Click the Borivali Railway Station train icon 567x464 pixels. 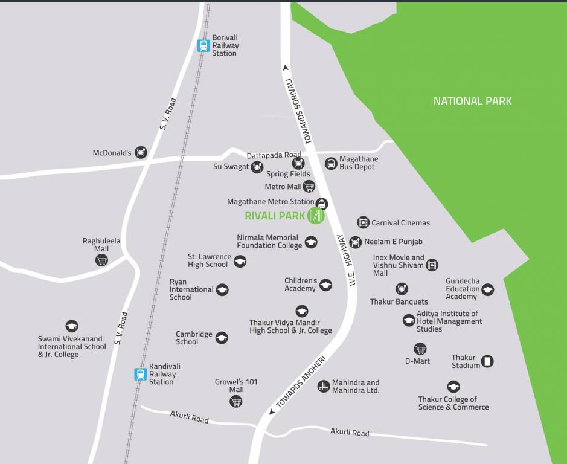pyautogui.click(x=203, y=45)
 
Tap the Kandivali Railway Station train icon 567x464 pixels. pyautogui.click(x=141, y=374)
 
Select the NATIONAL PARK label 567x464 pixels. pyautogui.click(x=472, y=101)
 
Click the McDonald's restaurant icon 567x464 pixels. pyautogui.click(x=141, y=152)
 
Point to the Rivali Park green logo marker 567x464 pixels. pyautogui.click(x=316, y=215)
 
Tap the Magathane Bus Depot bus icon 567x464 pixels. pyautogui.click(x=331, y=163)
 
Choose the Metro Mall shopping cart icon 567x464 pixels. pyautogui.click(x=309, y=186)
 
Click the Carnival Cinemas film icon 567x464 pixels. pyautogui.click(x=363, y=222)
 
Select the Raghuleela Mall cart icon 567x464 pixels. pyautogui.click(x=101, y=260)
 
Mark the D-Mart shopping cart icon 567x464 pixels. pyautogui.click(x=420, y=349)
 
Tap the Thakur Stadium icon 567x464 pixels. pyautogui.click(x=487, y=361)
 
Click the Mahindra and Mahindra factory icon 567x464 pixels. pyautogui.click(x=324, y=386)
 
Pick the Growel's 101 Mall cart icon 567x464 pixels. pyautogui.click(x=236, y=401)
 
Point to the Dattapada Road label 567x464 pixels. pyautogui.click(x=274, y=155)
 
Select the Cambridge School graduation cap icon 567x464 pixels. pyautogui.click(x=222, y=338)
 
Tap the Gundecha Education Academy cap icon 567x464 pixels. pyautogui.click(x=487, y=289)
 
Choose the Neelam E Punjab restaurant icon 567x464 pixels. pyautogui.click(x=356, y=242)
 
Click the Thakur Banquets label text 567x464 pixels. pyautogui.click(x=399, y=301)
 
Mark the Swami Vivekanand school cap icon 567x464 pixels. pyautogui.click(x=72, y=326)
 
